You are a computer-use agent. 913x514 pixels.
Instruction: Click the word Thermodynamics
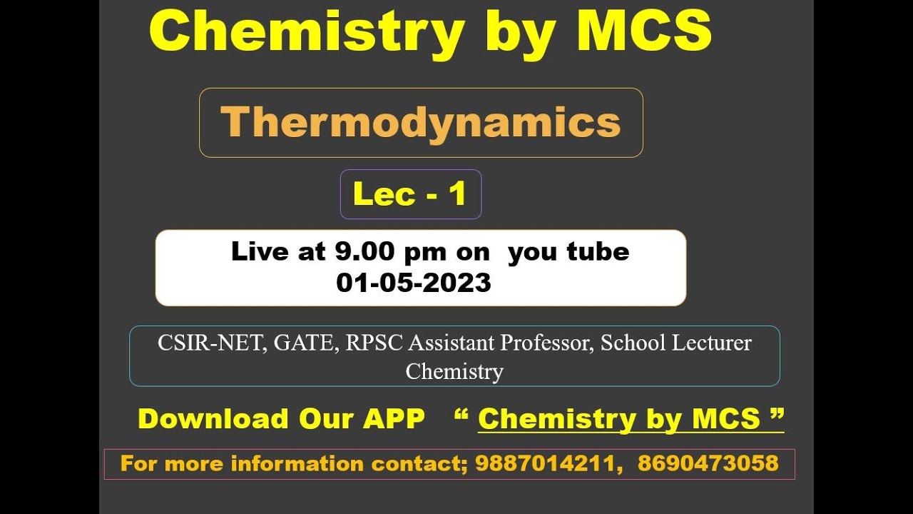point(420,122)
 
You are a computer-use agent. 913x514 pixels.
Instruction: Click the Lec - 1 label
point(410,194)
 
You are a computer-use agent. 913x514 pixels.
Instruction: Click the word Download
point(212,419)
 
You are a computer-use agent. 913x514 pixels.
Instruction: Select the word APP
point(394,419)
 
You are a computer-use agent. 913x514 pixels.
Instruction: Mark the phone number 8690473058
point(708,464)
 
